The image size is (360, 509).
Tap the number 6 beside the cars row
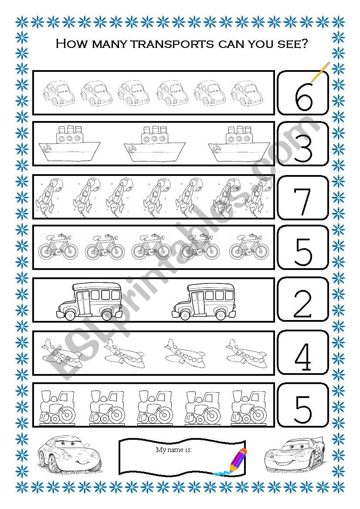[x=303, y=97]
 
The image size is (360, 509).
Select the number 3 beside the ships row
[x=303, y=148]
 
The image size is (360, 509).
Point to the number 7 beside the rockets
[x=302, y=201]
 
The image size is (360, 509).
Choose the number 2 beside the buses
[x=302, y=304]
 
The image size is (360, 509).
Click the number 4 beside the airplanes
[x=303, y=357]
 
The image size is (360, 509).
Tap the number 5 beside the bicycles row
[x=303, y=252]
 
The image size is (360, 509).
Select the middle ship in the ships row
[x=154, y=144]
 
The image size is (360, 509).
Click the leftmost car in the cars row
[x=59, y=93]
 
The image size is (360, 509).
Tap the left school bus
[x=89, y=301]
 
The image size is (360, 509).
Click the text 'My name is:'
[x=174, y=450]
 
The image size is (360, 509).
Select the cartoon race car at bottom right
[x=295, y=456]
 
